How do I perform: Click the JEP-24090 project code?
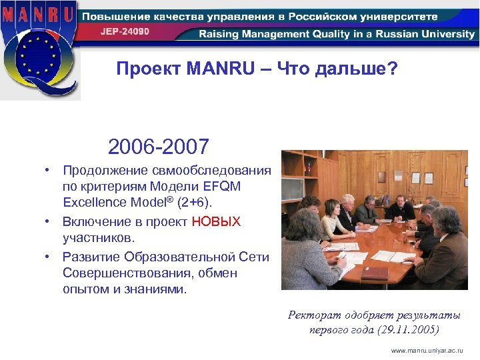(x=125, y=31)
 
